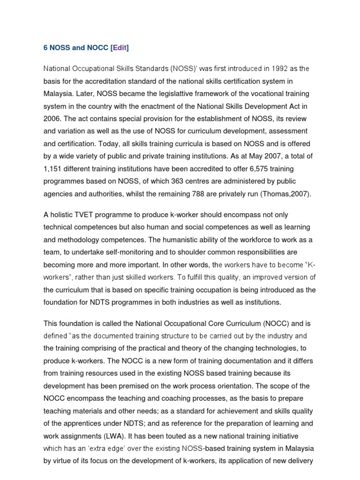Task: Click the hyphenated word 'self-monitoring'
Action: pyautogui.click(x=133, y=251)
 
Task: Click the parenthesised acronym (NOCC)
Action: pyautogui.click(x=277, y=323)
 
